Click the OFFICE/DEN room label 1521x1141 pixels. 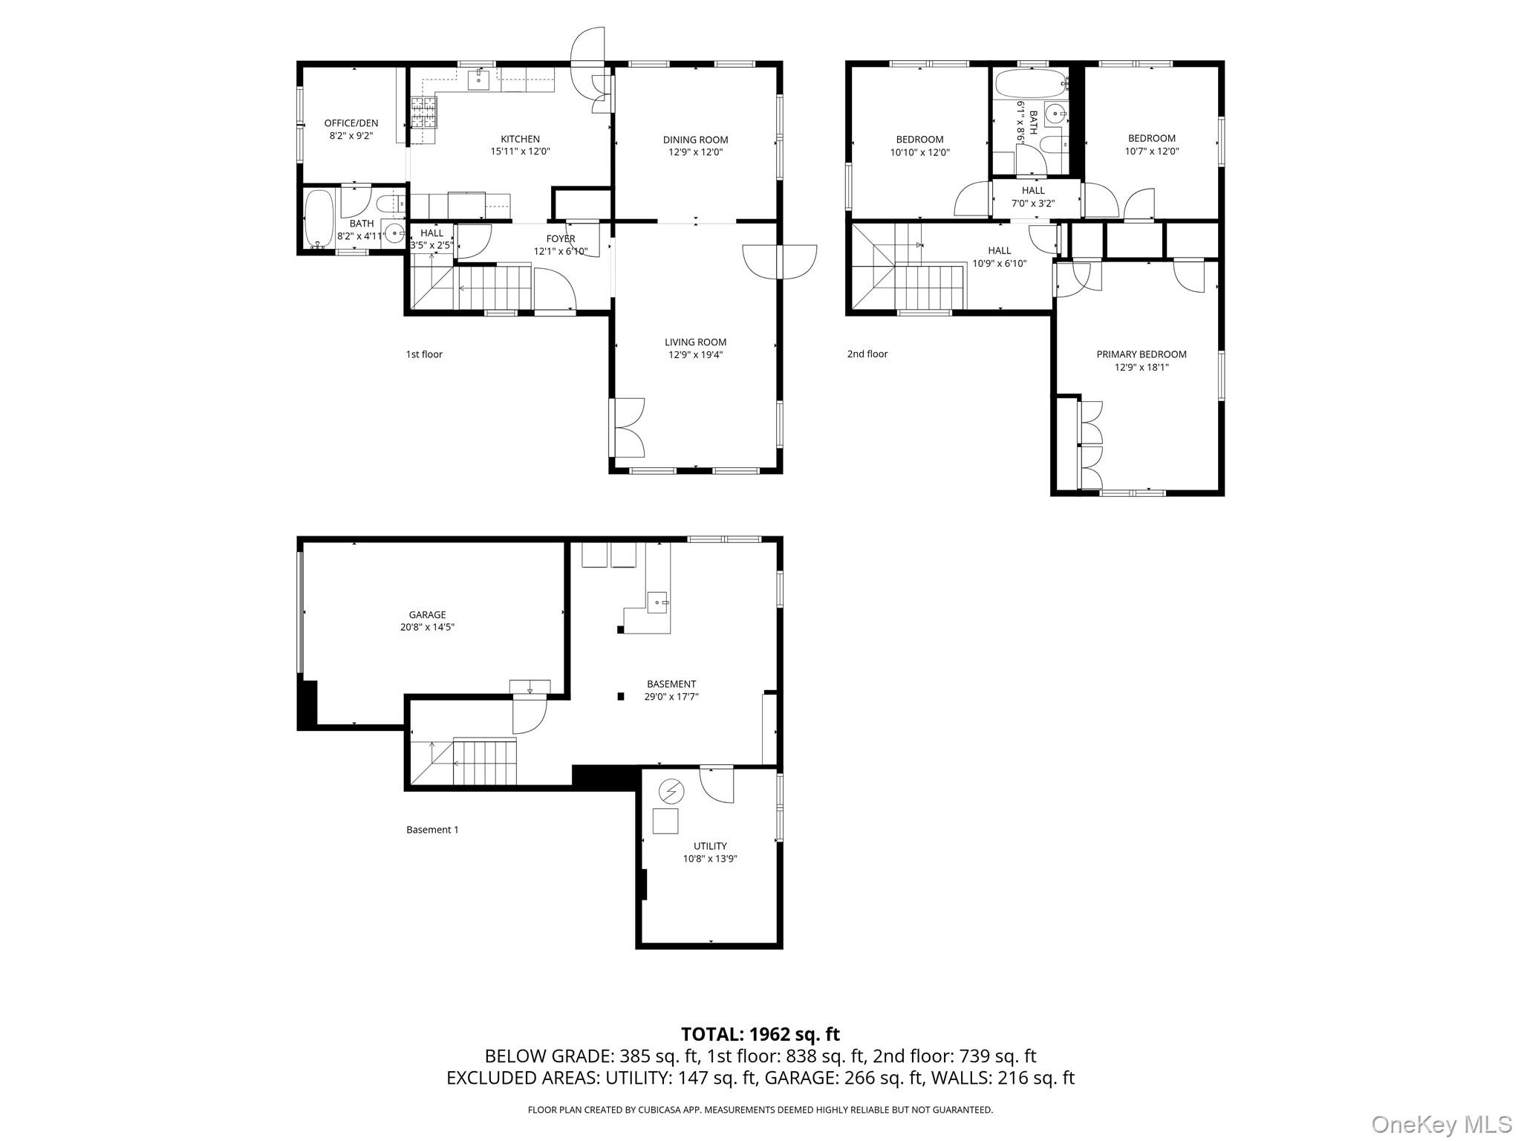351,123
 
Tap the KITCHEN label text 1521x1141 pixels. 520,139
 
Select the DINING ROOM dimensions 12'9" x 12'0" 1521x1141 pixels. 695,152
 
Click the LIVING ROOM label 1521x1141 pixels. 695,342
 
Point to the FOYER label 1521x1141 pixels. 561,239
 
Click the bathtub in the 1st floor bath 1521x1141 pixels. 319,218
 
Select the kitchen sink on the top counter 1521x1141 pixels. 478,79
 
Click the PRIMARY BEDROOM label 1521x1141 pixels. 1141,354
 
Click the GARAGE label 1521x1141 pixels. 427,615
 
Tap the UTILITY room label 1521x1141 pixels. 710,846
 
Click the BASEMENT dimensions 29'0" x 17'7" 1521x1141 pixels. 671,697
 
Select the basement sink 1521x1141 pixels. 658,602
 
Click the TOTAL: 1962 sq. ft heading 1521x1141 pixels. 760,1034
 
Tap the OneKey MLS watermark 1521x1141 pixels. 1441,1124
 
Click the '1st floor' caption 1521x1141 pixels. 424,354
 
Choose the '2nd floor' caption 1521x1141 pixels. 867,354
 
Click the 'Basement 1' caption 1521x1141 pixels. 432,830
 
